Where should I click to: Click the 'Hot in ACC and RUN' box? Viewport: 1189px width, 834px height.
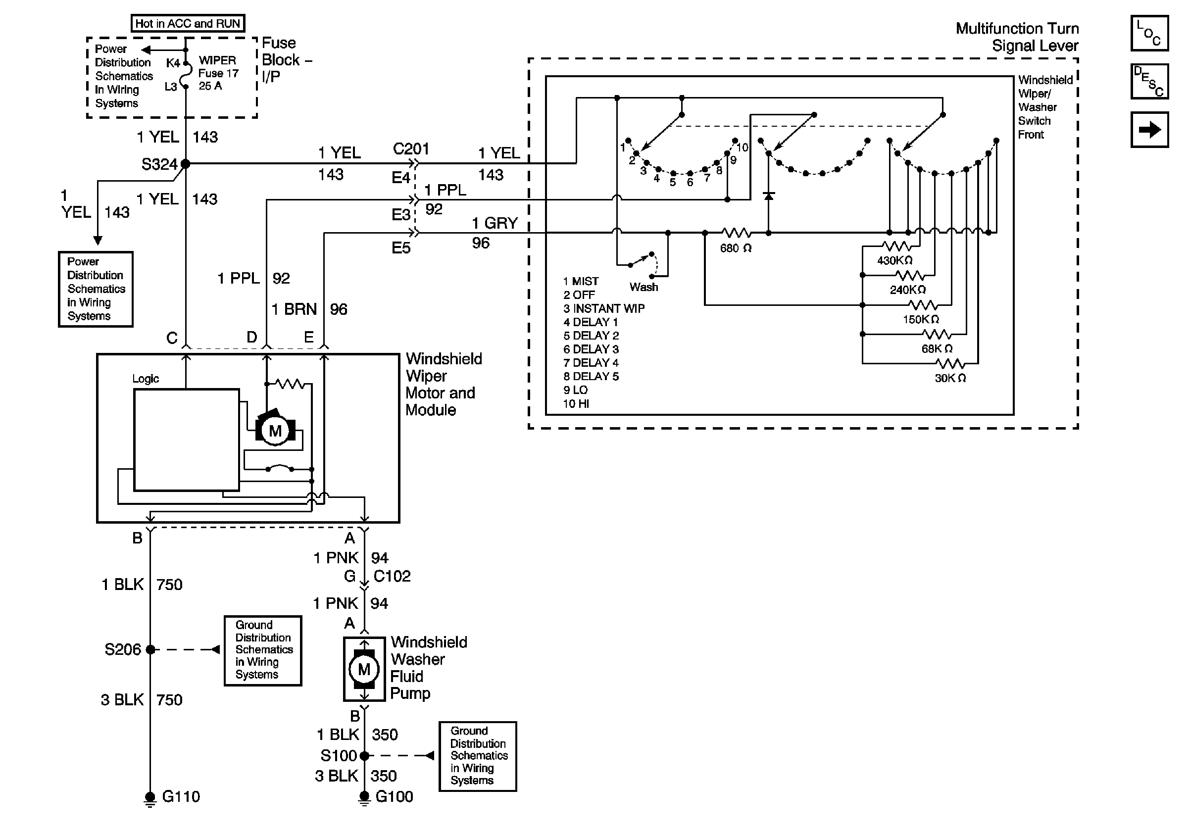coord(188,23)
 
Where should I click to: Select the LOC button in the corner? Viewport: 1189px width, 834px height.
coord(1149,34)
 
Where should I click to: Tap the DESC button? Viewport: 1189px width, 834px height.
coord(1149,82)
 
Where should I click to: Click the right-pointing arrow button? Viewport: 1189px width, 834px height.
coord(1149,129)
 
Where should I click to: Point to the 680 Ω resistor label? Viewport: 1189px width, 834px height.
coord(736,248)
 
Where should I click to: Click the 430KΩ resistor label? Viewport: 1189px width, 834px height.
coord(894,260)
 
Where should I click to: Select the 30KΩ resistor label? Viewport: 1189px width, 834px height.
coord(950,378)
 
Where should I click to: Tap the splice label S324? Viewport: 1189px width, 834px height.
coord(159,165)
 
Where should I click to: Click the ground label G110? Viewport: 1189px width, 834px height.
coord(181,796)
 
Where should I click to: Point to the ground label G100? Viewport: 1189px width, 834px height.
coord(394,796)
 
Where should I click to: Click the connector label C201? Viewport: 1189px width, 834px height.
coord(411,149)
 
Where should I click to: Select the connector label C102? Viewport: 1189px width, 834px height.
coord(392,576)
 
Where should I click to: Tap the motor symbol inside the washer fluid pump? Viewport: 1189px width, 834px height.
coord(364,669)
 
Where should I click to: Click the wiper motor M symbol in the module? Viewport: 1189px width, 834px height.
coord(275,431)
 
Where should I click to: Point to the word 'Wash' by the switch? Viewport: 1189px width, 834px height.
coord(644,287)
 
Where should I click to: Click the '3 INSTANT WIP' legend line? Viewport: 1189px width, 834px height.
coord(604,308)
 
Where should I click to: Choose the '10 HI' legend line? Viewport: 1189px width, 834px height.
coord(576,404)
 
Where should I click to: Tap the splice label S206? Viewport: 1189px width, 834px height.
coord(123,650)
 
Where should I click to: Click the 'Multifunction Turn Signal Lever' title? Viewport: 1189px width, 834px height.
coord(1017,37)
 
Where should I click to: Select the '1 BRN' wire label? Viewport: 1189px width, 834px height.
coord(294,309)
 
